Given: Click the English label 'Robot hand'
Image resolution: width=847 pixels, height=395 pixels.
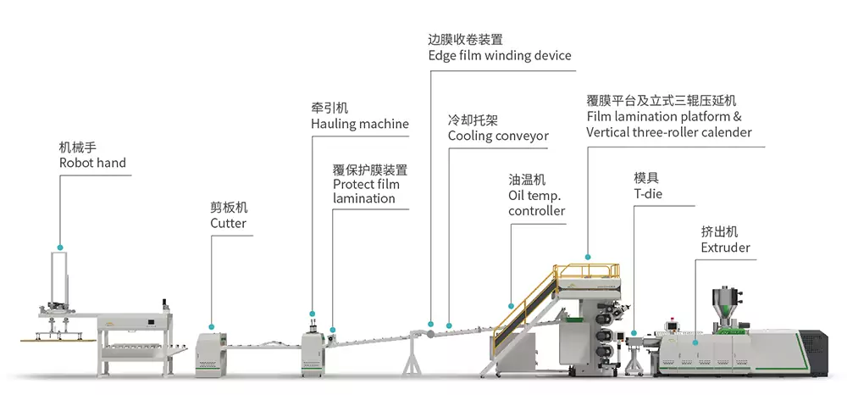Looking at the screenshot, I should coord(92,163).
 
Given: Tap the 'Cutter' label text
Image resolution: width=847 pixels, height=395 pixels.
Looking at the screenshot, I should coord(228,223).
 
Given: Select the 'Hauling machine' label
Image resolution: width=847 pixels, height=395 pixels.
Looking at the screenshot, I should coord(359,124).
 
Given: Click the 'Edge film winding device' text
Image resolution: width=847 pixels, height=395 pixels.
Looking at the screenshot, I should coord(499,56).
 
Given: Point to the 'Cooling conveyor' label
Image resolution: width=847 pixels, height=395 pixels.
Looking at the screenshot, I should coord(498,136).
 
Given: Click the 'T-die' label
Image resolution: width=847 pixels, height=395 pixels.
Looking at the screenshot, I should coord(648,194).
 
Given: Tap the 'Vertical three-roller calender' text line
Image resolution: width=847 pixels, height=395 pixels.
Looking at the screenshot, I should coord(668,132).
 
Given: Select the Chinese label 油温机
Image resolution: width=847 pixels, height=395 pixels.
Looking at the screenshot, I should coord(526,180).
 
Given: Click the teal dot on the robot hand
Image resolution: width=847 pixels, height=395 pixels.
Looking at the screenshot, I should coord(60,248).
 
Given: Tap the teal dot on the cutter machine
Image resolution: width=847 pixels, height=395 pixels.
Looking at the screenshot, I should coord(211,324).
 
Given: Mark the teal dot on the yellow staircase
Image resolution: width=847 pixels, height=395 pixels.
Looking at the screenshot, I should coord(510,305).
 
